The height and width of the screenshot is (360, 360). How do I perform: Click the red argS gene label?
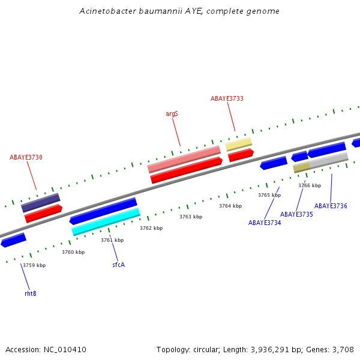172,113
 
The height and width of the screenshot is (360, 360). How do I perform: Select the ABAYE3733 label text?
227,98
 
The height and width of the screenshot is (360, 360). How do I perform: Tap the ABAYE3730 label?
26,157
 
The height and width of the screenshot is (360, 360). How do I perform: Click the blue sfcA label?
118,265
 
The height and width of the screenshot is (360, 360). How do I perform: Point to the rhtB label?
31,293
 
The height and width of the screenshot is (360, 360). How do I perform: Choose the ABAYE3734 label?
265,223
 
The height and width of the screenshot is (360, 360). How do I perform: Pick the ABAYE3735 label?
296,214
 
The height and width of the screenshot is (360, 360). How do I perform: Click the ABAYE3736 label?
331,206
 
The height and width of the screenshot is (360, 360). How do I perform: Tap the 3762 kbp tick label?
151,228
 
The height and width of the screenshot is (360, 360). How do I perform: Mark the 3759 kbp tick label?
34,265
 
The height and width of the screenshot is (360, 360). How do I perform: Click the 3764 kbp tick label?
230,206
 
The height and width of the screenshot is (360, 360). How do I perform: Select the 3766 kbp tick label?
310,185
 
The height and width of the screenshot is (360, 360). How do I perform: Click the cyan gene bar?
106,221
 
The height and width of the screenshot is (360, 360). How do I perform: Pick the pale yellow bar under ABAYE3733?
239,144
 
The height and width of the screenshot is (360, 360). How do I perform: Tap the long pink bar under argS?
184,159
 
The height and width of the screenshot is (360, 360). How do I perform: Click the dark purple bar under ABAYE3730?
41,202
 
